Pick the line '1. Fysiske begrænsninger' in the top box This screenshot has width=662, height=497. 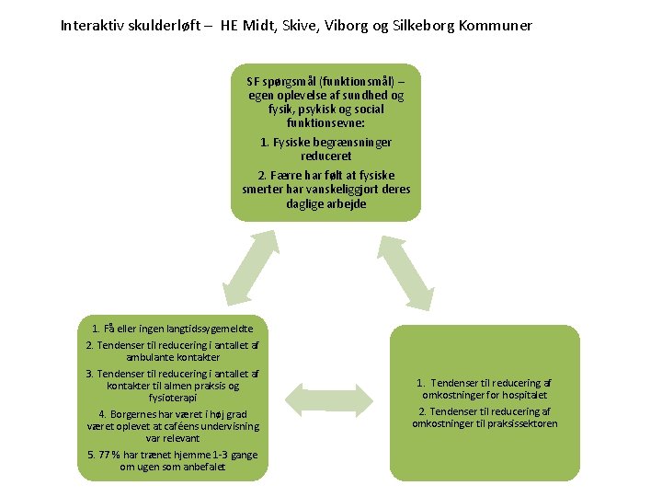[x=326, y=143]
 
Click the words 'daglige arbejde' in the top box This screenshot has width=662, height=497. [x=326, y=203]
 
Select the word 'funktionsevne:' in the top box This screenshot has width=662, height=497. [x=326, y=122]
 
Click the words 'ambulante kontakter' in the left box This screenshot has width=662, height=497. [x=173, y=356]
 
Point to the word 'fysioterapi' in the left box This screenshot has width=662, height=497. [x=173, y=398]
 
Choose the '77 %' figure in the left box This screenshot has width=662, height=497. [x=111, y=455]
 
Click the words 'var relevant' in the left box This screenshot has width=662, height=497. [x=173, y=438]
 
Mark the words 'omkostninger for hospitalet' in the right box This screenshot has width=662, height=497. [x=484, y=395]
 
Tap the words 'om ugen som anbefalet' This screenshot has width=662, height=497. [x=173, y=467]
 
